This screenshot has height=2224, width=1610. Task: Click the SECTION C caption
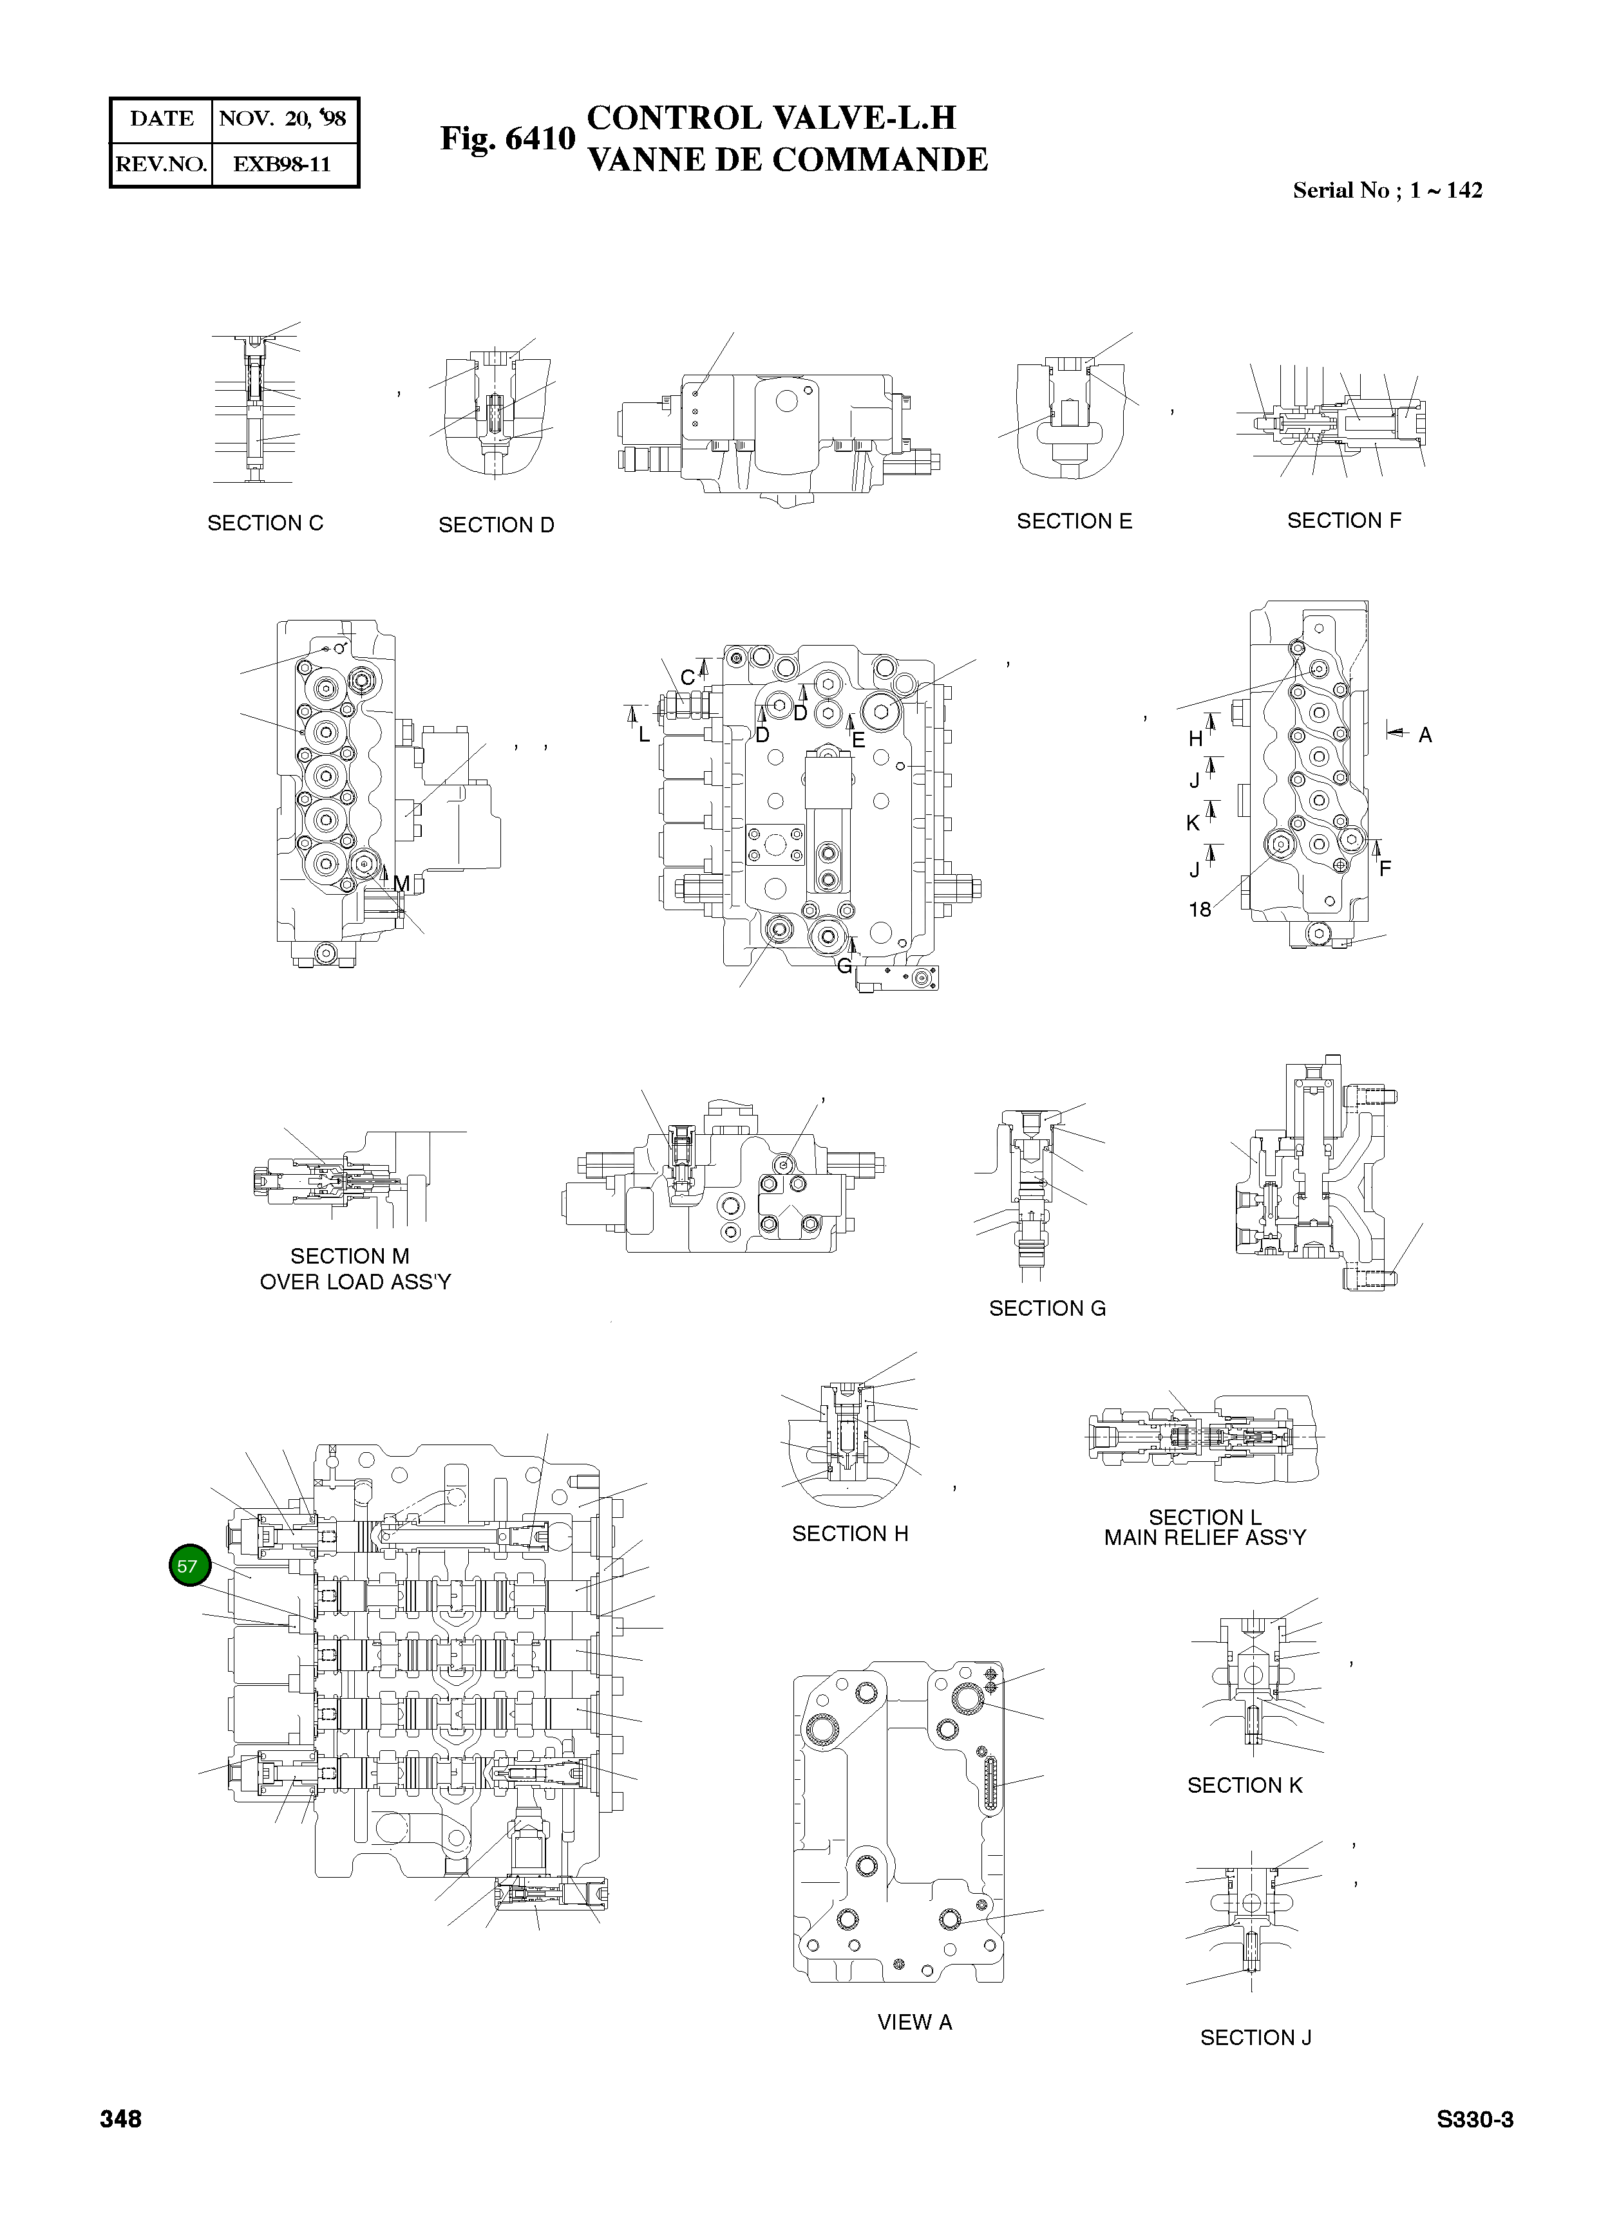(x=265, y=523)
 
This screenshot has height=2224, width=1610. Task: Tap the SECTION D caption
(x=497, y=526)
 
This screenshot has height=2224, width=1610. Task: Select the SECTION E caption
(x=1074, y=521)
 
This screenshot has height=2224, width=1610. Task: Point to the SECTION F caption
(x=1344, y=521)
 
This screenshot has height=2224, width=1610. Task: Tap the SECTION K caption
(x=1245, y=1786)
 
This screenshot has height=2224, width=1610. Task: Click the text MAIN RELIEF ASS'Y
(x=1205, y=1538)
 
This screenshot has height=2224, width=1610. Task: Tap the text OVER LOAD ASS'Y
(x=355, y=1283)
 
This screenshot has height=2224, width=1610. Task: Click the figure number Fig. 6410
(x=507, y=138)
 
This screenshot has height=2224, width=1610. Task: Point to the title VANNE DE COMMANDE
(x=787, y=160)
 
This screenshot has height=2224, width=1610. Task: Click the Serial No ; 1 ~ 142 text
(x=1387, y=191)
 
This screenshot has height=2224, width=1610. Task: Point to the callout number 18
(x=1200, y=910)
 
